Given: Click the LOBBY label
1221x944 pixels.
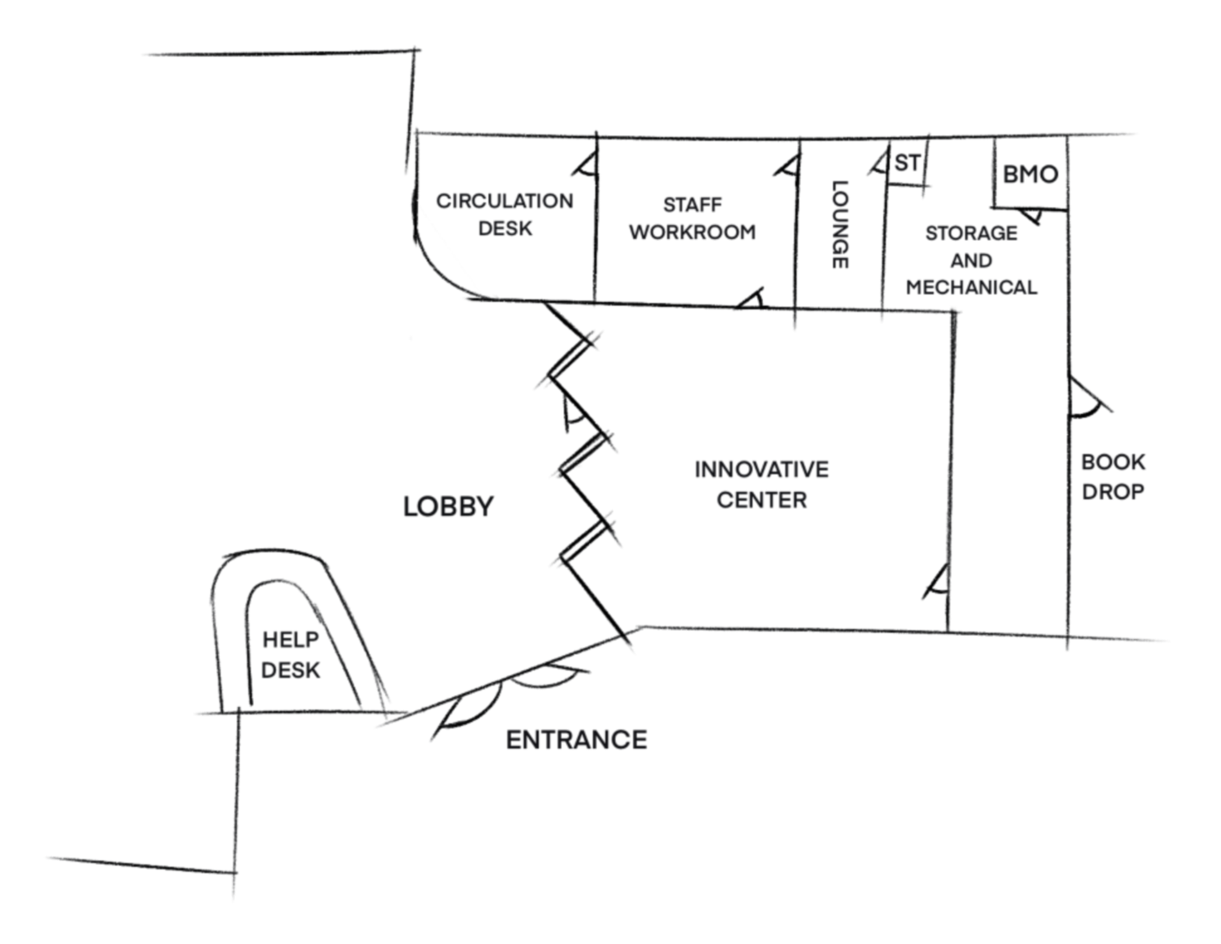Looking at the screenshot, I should [448, 507].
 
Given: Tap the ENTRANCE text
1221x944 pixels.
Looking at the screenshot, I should [576, 740].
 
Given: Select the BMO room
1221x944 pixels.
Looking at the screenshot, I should [1030, 174].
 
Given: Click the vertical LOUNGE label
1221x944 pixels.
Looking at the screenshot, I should [839, 225].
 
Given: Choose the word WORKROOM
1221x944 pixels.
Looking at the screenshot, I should [693, 232].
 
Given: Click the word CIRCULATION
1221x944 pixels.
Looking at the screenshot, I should [504, 201].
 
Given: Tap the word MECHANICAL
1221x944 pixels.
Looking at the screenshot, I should [971, 288].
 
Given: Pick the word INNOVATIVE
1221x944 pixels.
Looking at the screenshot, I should [761, 469].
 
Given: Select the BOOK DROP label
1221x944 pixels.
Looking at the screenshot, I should [1113, 476].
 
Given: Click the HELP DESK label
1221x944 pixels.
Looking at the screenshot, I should [291, 655].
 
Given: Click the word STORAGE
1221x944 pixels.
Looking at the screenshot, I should [971, 233].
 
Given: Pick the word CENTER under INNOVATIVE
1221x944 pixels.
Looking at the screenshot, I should [761, 500].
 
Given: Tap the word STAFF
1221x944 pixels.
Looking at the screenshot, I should [693, 205].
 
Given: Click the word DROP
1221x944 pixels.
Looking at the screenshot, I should [1113, 492].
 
